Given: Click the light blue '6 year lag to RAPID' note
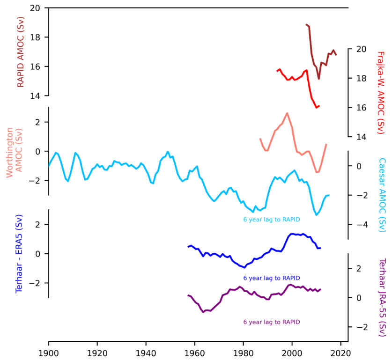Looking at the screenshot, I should click(x=272, y=220).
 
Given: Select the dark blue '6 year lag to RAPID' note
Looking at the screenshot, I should click(x=272, y=278).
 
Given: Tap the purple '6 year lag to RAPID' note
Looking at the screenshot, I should click(x=272, y=322).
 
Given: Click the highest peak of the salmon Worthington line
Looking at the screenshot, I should click(x=287, y=113).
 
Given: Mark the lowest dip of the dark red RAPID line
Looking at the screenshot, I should click(x=319, y=79).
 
